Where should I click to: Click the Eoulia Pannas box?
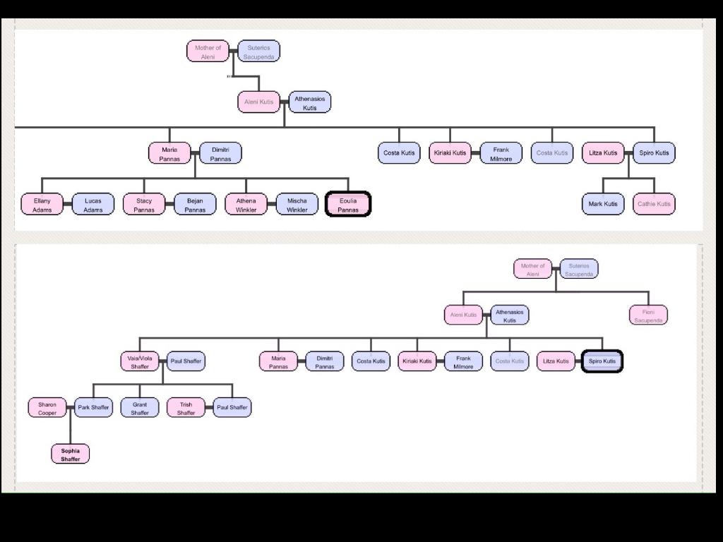[348, 205]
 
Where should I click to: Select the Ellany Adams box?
[42, 205]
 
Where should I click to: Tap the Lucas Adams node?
[93, 205]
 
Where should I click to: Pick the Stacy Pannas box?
[144, 205]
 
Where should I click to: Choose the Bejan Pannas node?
[195, 205]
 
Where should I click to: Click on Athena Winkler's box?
[246, 205]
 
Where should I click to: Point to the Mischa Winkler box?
[297, 205]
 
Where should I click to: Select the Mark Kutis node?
[603, 204]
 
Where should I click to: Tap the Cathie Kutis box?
[654, 204]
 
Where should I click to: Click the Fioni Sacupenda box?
[648, 315]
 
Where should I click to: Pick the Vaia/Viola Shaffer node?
[140, 362]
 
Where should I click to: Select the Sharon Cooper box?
[47, 409]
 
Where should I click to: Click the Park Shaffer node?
[93, 408]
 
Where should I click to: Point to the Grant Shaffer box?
[140, 409]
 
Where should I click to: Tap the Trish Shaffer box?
[186, 409]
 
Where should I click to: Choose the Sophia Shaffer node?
[71, 454]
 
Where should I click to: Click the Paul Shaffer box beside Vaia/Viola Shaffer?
[186, 361]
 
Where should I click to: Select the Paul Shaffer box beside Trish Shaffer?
[232, 408]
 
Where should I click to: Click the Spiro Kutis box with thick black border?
[602, 361]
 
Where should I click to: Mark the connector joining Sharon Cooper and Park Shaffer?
[71, 408]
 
